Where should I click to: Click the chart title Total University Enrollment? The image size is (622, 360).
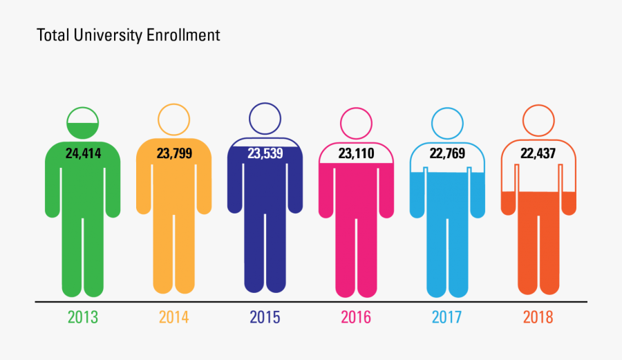coord(128,35)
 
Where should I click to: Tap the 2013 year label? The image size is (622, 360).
coord(83,318)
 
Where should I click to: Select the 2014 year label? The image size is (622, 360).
coord(173,318)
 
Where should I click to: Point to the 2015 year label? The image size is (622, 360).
coord(265,318)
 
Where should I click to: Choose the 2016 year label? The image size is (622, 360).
coord(356,318)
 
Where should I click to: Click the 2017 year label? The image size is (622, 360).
coord(447,318)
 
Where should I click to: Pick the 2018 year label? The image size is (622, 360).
coord(538,318)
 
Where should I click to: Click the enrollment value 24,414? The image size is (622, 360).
coord(83,153)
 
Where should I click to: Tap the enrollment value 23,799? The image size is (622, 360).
coord(173,153)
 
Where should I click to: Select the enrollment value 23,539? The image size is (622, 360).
coord(265,153)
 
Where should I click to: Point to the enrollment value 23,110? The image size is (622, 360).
coord(356,153)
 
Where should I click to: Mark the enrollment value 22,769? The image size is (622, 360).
coord(447,153)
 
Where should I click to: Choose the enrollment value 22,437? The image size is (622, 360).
coord(538,153)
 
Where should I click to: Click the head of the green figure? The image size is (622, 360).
coord(83,122)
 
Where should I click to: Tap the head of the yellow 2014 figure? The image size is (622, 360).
coord(173,120)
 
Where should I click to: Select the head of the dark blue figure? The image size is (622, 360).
coord(265,118)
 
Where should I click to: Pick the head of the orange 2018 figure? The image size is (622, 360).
coord(538,121)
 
